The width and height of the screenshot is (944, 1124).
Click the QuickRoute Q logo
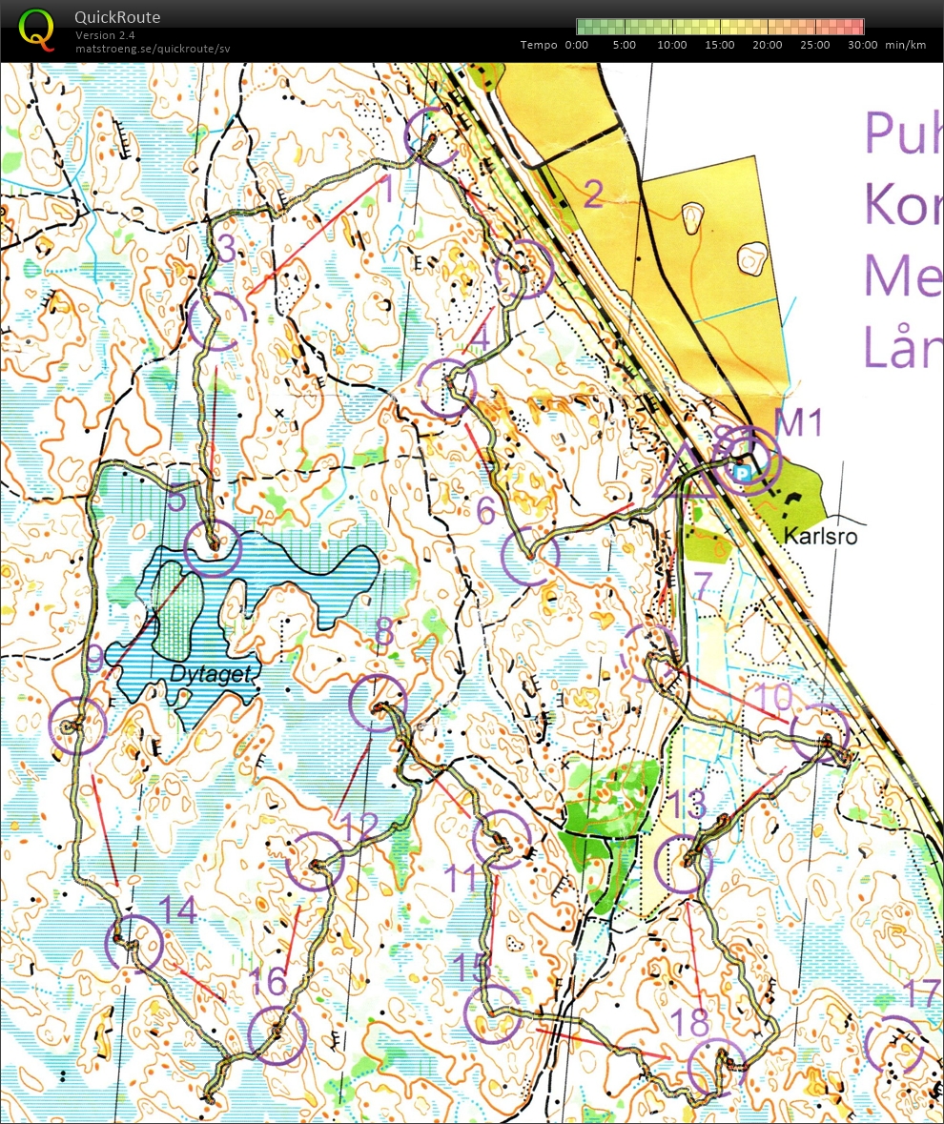click(36, 28)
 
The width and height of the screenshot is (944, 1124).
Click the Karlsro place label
click(820, 537)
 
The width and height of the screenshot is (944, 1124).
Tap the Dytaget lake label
click(212, 674)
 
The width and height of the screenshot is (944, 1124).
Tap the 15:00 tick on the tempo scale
click(720, 45)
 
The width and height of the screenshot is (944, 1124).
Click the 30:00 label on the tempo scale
click(863, 45)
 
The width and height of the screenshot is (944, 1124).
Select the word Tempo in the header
click(539, 45)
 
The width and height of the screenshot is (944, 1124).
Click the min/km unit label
click(905, 45)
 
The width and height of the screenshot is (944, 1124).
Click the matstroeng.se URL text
click(153, 48)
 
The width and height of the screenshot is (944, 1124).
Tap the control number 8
click(383, 630)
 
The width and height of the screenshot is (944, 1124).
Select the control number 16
click(270, 981)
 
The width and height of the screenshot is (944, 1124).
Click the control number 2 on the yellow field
click(592, 194)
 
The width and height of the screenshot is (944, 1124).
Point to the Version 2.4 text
click(105, 35)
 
